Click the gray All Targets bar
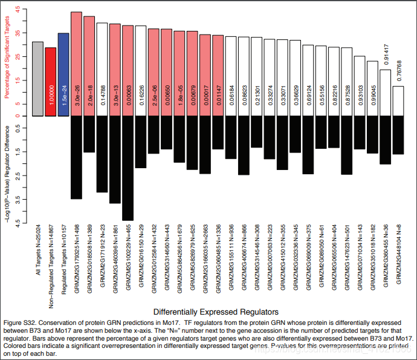point(37,79)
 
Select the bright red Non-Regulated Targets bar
point(50,82)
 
